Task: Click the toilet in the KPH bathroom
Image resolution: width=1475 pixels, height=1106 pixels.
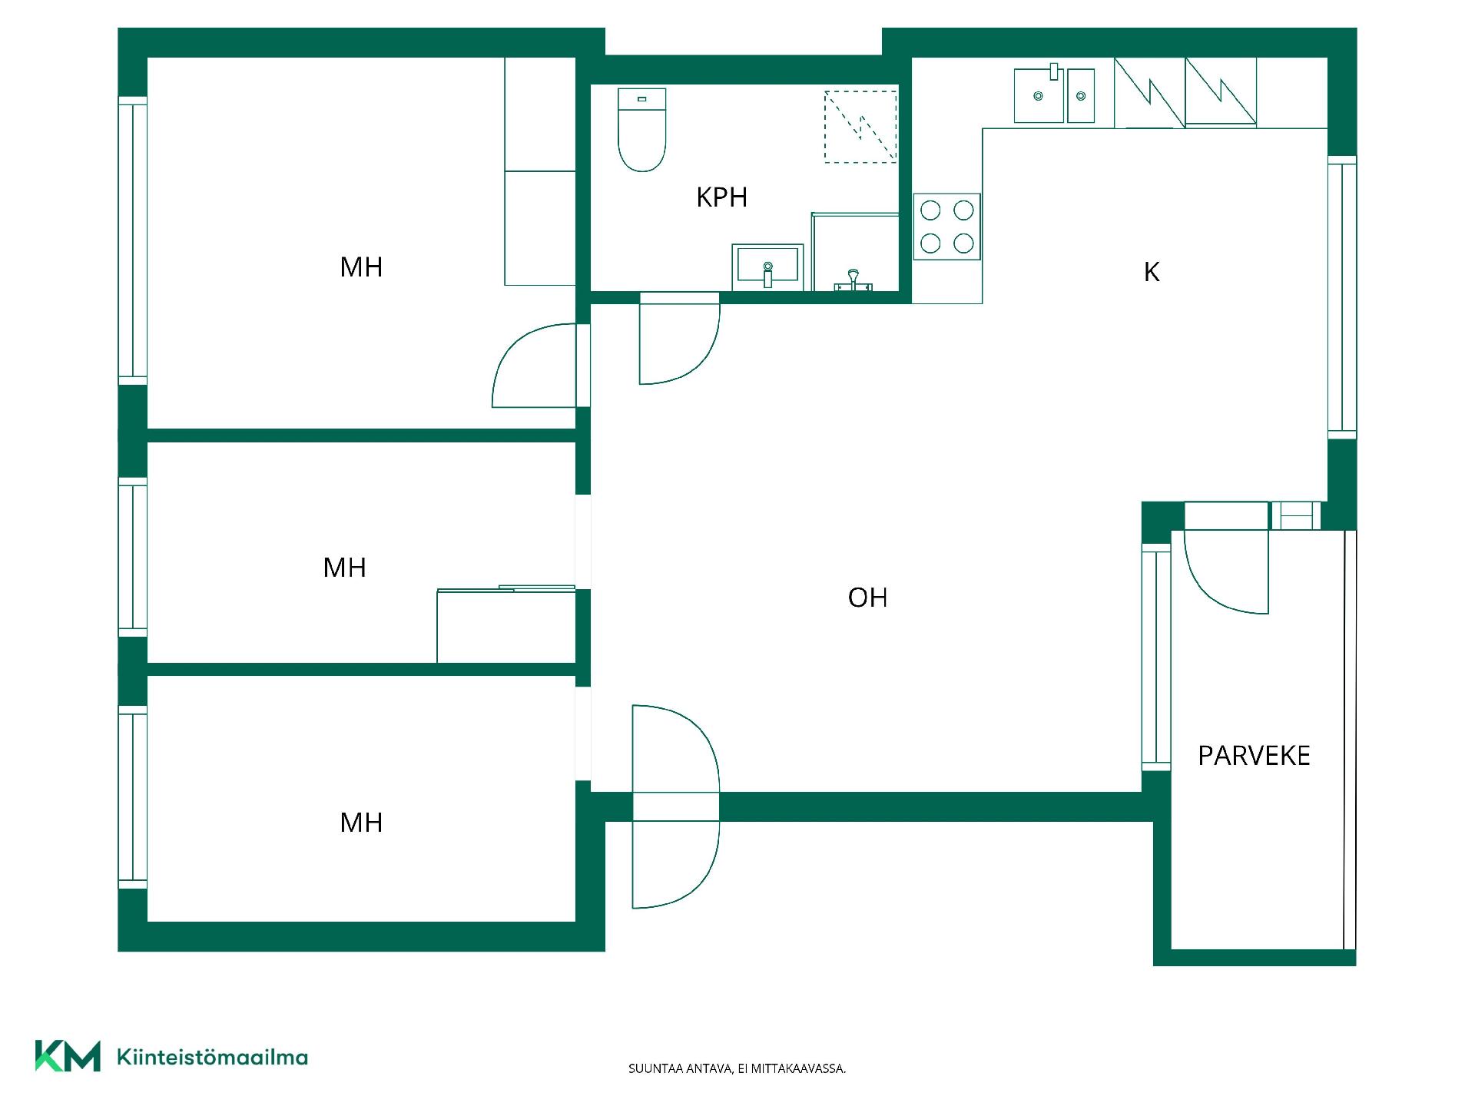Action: coord(641,129)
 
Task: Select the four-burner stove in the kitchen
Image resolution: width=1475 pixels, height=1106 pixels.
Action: coord(946,227)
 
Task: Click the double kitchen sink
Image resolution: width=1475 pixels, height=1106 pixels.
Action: coord(1054,95)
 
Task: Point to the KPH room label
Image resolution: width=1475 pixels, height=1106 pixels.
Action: coord(721,197)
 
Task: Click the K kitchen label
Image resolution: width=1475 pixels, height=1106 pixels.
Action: coord(1151,272)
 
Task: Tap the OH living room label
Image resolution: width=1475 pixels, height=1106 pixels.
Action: coord(867,598)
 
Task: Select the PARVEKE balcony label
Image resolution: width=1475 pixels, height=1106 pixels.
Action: coord(1254,756)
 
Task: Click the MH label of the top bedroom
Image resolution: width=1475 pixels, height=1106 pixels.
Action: coord(361,267)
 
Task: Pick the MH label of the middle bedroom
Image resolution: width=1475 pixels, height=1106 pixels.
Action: coord(344,568)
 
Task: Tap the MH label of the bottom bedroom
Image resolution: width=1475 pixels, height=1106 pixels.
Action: coord(361,823)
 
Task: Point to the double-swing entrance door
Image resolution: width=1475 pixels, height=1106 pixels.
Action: coord(676,806)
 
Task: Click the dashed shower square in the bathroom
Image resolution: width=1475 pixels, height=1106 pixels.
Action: coord(860,127)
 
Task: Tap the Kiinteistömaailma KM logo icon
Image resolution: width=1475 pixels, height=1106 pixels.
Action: coord(68,1056)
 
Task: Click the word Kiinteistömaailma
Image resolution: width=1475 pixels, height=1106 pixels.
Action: coord(212,1058)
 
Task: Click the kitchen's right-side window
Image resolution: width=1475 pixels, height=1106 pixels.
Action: coord(1342,297)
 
